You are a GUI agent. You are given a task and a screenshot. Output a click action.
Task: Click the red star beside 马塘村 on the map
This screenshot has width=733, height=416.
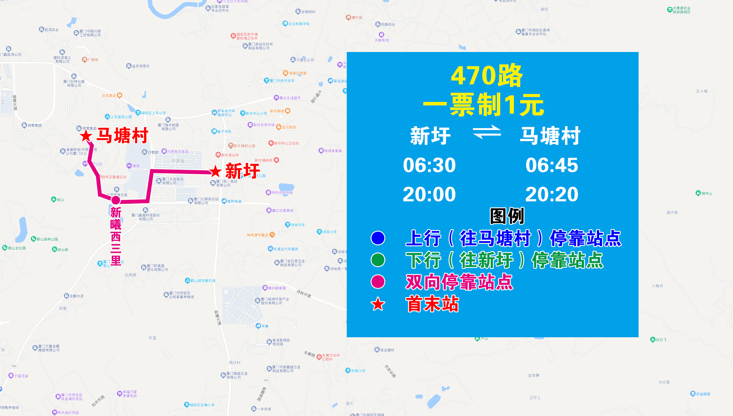tap(86, 136)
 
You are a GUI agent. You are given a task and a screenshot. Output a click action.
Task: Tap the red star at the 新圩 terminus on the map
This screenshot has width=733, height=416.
tap(215, 171)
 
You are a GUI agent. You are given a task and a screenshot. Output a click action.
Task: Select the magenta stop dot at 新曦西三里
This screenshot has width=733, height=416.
tap(115, 200)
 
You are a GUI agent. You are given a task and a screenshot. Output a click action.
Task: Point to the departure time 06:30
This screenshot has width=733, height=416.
tap(429, 165)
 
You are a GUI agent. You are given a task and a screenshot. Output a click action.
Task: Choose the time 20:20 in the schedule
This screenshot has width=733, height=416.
tap(552, 195)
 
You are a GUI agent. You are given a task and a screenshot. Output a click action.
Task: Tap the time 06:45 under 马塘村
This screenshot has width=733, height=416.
tap(552, 165)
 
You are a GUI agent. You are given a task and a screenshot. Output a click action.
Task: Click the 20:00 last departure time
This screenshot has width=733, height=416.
tap(429, 195)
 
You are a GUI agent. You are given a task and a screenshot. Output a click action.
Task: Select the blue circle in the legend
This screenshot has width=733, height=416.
tap(378, 238)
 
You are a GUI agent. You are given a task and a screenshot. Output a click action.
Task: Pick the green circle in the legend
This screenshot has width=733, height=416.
tap(378, 260)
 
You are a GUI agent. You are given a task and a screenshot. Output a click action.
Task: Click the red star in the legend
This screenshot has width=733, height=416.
tap(378, 304)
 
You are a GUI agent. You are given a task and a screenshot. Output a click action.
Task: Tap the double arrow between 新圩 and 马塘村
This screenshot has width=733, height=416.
tap(487, 132)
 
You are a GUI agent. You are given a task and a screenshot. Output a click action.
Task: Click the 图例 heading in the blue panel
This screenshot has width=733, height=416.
tap(507, 216)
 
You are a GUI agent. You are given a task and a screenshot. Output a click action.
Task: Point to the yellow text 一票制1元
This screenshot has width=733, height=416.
tap(484, 105)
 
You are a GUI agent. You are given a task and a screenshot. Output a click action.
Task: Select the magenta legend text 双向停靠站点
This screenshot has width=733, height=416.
tap(459, 282)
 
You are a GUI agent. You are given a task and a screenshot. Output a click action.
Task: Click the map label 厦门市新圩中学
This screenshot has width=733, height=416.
tap(282, 81)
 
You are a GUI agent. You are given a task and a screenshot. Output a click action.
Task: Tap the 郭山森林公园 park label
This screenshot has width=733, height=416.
tap(47, 239)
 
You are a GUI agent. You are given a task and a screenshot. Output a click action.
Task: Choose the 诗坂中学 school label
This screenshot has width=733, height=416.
tap(297, 225)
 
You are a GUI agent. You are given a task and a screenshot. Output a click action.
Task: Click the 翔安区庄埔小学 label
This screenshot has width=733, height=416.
tap(202, 405)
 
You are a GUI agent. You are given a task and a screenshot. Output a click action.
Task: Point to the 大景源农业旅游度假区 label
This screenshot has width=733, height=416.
tap(681, 10)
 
